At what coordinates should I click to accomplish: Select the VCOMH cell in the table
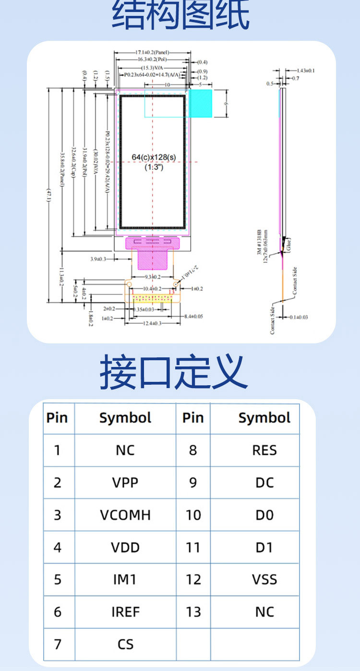point(125,515)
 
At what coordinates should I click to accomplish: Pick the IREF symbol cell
point(125,612)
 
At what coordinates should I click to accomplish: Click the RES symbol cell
point(264,450)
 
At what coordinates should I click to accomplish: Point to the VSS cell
point(264,579)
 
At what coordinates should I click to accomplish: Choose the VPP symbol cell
point(125,482)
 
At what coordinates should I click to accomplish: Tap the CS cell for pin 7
point(125,644)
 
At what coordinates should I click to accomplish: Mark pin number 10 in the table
point(193,515)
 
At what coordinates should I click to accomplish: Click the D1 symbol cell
point(264,547)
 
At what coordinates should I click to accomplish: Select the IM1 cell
point(125,579)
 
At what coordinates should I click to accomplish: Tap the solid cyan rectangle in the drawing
point(201,103)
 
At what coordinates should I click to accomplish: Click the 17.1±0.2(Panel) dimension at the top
point(152,52)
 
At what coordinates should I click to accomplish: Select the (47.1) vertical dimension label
point(48,196)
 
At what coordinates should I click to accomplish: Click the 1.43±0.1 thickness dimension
point(305,71)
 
